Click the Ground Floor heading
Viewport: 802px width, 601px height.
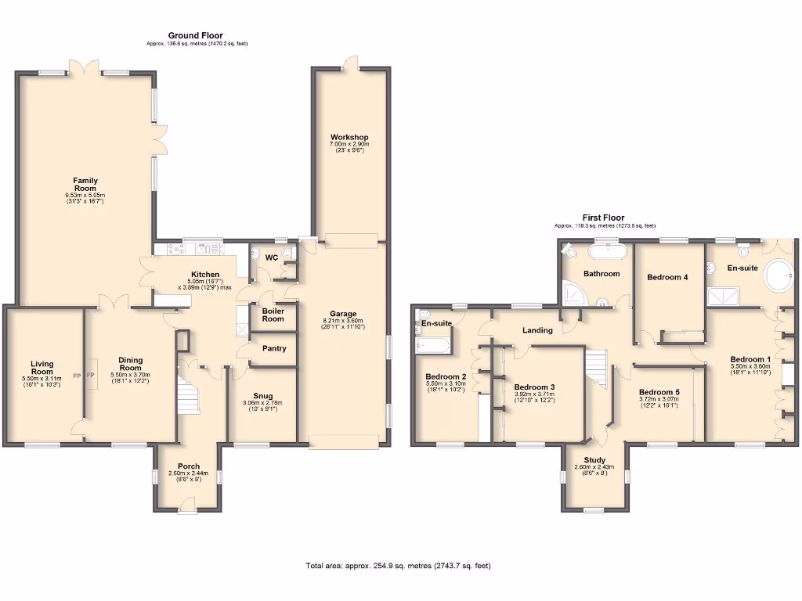point(196,35)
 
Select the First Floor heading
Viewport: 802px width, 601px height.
point(602,218)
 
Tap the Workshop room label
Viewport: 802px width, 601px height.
point(349,138)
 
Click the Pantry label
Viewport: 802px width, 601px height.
point(273,349)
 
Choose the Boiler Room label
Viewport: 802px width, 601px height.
point(273,315)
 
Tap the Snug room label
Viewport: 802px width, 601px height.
point(262,396)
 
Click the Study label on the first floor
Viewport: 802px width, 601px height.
point(595,460)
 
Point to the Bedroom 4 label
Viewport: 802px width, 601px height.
point(668,277)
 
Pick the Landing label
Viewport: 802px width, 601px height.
point(537,330)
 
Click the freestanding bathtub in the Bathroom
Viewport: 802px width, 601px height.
point(607,251)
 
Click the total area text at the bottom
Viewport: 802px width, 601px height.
point(398,566)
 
